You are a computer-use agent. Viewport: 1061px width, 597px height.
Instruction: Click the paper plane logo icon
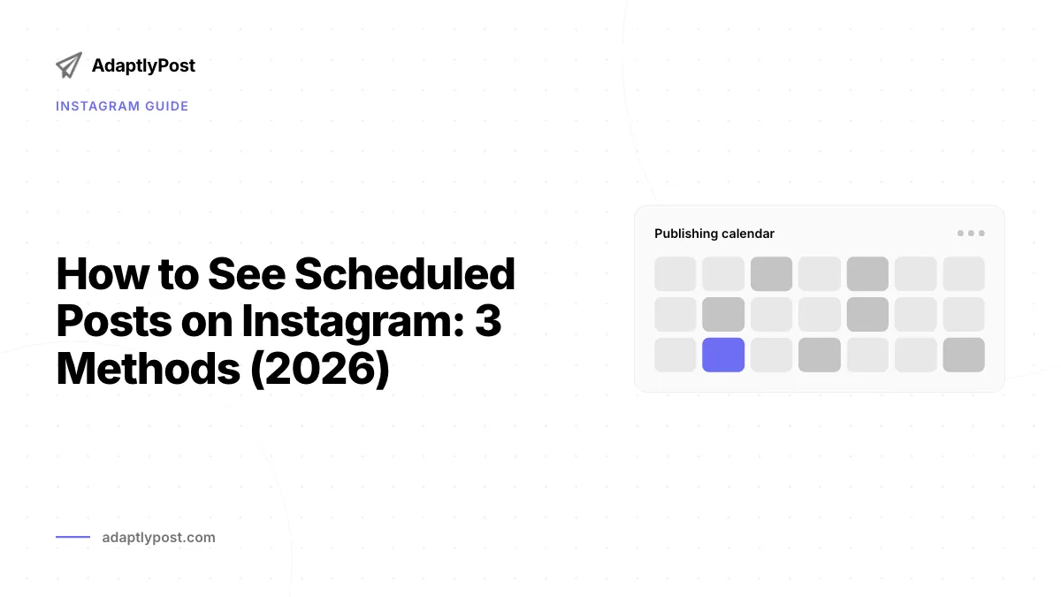[69, 65]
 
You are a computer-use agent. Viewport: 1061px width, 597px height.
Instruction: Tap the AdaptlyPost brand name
[143, 65]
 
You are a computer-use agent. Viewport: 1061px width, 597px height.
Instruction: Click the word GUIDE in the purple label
[167, 106]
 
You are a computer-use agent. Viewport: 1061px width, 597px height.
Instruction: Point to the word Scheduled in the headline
[405, 274]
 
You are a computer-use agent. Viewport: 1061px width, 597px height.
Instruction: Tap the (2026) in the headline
[320, 370]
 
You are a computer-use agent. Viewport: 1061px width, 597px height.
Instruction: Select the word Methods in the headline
[149, 369]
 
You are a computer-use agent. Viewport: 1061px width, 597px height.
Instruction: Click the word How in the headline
[103, 274]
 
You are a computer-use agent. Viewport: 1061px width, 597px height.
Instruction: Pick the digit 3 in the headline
[488, 321]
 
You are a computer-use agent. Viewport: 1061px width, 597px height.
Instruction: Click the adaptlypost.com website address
[158, 538]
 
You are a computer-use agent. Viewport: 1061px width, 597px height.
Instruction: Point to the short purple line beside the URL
[73, 537]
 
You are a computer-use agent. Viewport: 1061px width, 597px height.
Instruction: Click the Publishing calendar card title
[714, 233]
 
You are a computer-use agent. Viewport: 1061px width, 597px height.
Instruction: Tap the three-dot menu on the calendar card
[971, 233]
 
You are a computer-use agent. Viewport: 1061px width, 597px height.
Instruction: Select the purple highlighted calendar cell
[723, 355]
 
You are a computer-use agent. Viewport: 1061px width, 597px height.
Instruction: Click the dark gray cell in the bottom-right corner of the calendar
[964, 355]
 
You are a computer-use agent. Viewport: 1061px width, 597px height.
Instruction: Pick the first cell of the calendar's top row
[676, 274]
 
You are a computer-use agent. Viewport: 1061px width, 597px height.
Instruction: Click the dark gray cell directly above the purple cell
[723, 314]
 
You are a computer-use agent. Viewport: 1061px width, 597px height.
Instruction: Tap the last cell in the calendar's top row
[964, 274]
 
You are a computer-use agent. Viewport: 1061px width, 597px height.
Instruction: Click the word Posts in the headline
[114, 321]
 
